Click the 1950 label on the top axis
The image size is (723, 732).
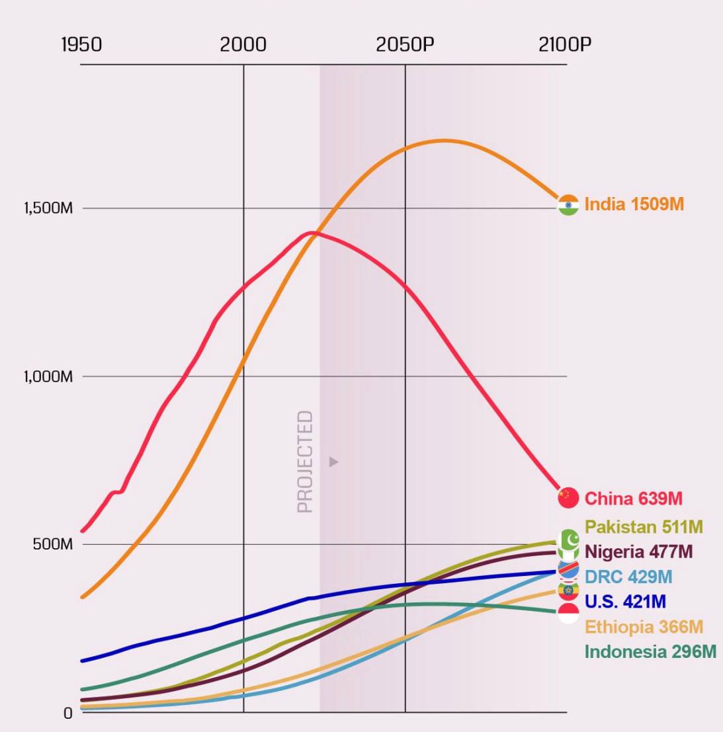(81, 45)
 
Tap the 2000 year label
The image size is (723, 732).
(243, 45)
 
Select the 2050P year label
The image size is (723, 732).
(405, 45)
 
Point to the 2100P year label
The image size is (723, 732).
(565, 45)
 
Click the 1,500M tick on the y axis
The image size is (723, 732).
(48, 208)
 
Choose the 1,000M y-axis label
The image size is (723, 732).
(48, 377)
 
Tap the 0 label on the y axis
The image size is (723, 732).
(67, 713)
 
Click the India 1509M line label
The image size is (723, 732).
(634, 204)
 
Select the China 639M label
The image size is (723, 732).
(633, 498)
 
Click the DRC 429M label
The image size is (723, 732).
(628, 577)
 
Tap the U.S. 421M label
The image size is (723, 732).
(625, 602)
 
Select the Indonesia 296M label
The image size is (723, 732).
(650, 652)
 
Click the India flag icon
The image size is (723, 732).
(568, 205)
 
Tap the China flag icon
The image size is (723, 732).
(568, 498)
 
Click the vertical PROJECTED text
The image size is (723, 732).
(305, 462)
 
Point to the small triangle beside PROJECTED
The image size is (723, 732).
(333, 462)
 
